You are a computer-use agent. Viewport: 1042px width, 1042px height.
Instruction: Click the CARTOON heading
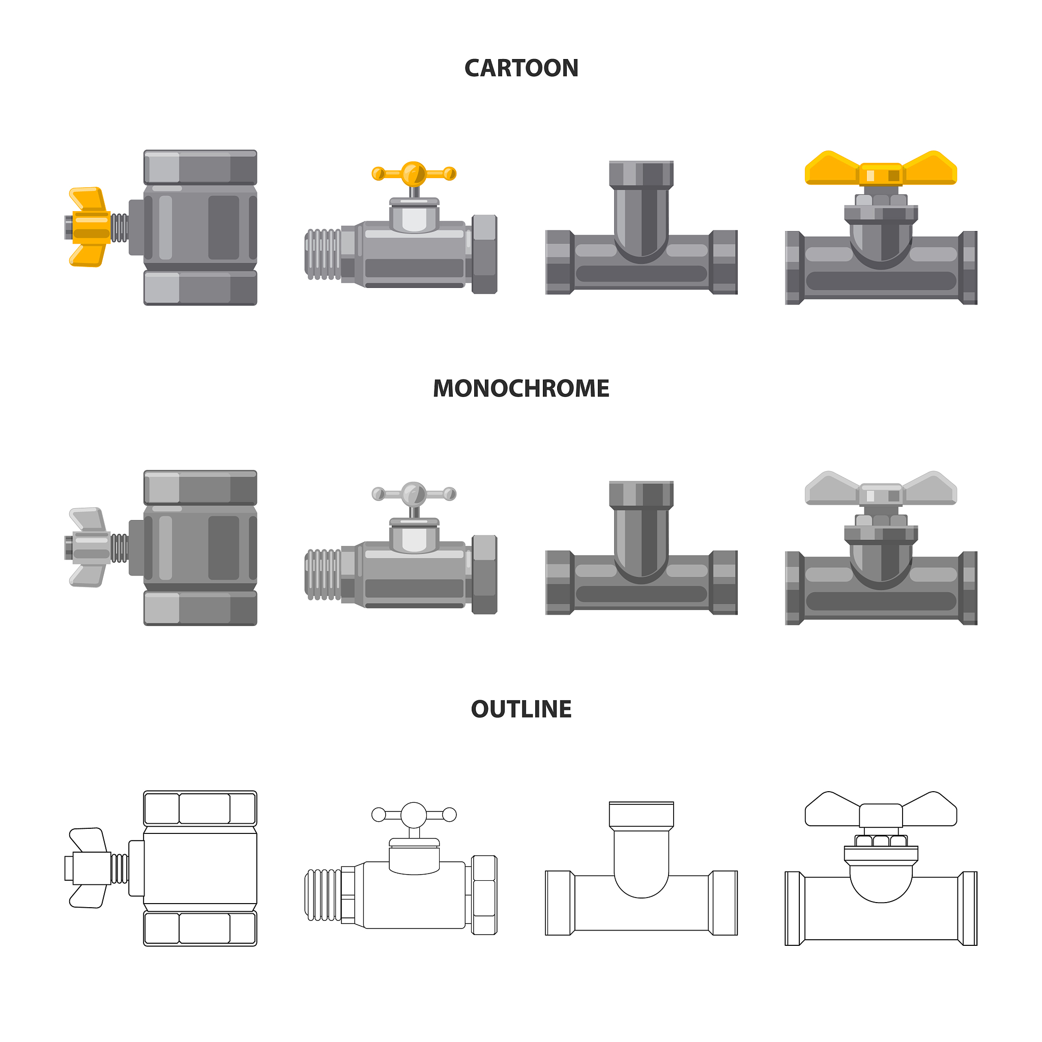coord(521,69)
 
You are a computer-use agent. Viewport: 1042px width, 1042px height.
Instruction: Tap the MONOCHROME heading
coord(521,388)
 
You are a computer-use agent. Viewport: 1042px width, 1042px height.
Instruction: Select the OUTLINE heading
coord(521,709)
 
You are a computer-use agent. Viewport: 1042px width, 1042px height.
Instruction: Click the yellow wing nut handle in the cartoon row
coord(89,227)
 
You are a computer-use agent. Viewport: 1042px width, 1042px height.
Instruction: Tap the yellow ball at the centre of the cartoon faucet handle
coord(414,173)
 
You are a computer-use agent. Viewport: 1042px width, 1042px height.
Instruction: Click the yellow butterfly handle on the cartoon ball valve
coord(881,168)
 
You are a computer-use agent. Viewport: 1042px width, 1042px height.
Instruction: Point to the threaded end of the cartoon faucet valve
coord(323,254)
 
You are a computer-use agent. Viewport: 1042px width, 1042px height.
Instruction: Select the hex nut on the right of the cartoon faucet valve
coord(484,254)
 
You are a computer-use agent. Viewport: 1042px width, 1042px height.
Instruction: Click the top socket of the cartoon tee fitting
coord(641,173)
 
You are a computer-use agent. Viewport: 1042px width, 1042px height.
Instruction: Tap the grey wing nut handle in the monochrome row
coord(89,547)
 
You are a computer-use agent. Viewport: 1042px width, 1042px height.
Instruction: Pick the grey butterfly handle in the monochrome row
coord(881,488)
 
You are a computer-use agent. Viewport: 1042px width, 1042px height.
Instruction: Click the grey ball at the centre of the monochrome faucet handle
coord(414,494)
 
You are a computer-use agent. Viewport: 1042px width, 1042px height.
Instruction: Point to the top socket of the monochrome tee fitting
coord(641,494)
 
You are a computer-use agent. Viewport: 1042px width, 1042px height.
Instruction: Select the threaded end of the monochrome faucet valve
coord(323,575)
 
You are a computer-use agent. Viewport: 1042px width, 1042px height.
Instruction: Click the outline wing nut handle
coord(89,868)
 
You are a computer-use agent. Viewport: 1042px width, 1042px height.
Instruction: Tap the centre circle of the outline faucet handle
coord(414,815)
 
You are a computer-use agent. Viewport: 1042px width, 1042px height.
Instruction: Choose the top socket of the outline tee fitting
coord(641,815)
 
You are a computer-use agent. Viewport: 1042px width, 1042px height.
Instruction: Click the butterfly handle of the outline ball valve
coord(881,809)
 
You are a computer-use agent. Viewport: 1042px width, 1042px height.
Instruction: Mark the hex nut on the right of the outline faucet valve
coord(484,895)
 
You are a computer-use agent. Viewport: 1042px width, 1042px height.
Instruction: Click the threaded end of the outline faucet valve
coord(323,895)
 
